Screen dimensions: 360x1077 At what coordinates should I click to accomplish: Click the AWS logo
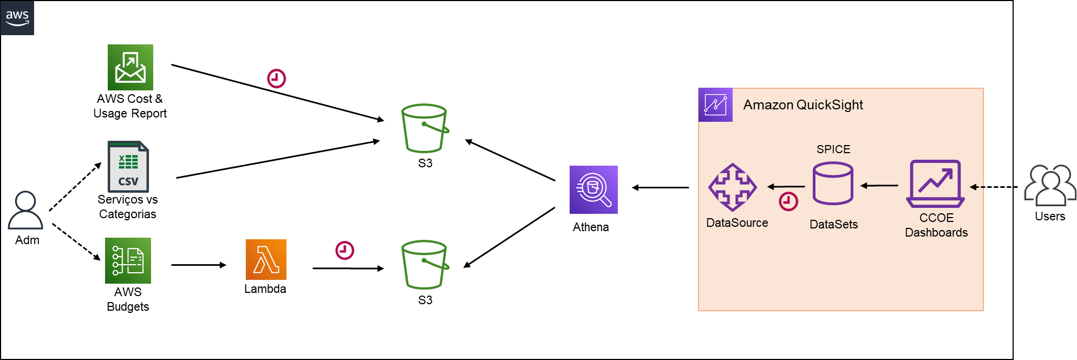coord(17,18)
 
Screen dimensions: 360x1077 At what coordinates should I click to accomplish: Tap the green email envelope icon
coord(130,68)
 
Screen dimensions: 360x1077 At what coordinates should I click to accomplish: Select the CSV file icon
coord(128,167)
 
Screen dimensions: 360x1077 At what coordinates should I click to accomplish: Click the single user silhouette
coord(25,210)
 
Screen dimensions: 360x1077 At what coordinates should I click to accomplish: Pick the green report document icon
coord(128,260)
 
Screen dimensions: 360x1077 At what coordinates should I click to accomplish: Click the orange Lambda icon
coord(266,259)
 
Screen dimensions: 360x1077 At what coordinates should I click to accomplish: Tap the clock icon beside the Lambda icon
coord(344,250)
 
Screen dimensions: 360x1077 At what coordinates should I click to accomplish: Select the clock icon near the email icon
coord(276,78)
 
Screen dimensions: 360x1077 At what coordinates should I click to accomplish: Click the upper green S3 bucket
coord(425,128)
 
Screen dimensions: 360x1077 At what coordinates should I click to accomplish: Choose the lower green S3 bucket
coord(425,265)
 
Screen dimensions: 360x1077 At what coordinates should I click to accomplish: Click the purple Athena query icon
coord(593,189)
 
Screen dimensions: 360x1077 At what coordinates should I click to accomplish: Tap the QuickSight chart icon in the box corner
coord(715,104)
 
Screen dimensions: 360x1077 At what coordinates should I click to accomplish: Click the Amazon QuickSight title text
coord(803,104)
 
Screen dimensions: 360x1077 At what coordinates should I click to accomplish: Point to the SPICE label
coord(833,149)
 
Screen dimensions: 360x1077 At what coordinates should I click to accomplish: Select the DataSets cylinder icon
coord(833,184)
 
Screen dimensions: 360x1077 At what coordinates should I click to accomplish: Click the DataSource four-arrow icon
coord(733,187)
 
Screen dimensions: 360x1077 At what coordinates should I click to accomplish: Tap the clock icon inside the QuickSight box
coord(788,201)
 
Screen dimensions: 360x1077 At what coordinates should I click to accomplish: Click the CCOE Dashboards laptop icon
coord(935,184)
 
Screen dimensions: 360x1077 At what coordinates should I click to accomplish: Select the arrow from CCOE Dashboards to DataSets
coord(879,186)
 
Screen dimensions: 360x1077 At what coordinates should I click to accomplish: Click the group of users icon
coord(1049,186)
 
